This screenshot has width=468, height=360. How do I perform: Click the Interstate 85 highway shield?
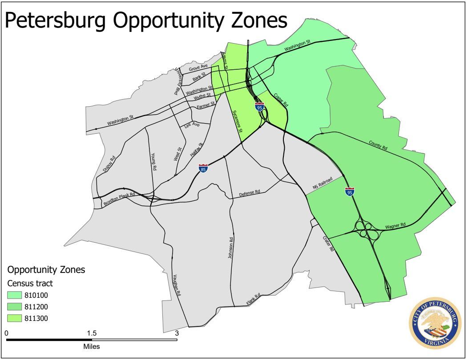pyautogui.click(x=203, y=168)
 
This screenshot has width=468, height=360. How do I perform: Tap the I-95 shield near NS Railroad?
pyautogui.click(x=350, y=192)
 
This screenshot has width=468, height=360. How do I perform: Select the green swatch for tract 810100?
pyautogui.click(x=16, y=296)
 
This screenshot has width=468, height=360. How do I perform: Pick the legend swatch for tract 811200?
pyautogui.click(x=16, y=307)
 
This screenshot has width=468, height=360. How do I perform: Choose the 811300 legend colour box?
pyautogui.click(x=16, y=318)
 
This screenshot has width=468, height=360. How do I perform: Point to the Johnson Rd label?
pyautogui.click(x=231, y=251)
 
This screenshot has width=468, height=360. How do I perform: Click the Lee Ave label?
pyautogui.click(x=192, y=126)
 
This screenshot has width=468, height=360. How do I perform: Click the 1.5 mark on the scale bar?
pyautogui.click(x=92, y=333)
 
